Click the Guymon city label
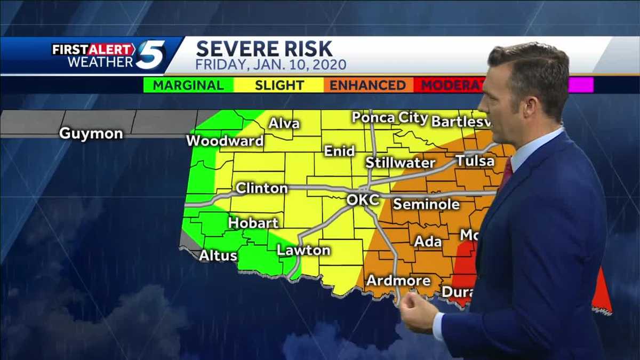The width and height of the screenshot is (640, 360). (x=91, y=133)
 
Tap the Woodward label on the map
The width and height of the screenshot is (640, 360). (x=225, y=141)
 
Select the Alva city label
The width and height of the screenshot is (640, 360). (x=284, y=124)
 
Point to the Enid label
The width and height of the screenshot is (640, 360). (x=339, y=151)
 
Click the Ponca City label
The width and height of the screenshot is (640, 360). (x=390, y=118)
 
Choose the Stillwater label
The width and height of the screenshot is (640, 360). (x=400, y=163)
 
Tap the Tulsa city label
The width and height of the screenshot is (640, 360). (x=475, y=161)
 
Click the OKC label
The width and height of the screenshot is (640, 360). (x=363, y=200)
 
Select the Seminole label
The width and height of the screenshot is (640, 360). (x=426, y=204)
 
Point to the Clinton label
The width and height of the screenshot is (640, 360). (x=261, y=188)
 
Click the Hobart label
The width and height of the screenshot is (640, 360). (x=253, y=223)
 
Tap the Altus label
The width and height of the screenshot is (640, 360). (x=218, y=256)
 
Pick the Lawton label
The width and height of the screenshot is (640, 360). (x=303, y=250)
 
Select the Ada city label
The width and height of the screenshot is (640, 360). (x=428, y=242)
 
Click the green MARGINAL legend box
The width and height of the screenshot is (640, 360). (x=188, y=85)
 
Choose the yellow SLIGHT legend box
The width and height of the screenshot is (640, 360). (x=279, y=85)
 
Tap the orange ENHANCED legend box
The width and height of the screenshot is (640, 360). (x=368, y=85)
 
